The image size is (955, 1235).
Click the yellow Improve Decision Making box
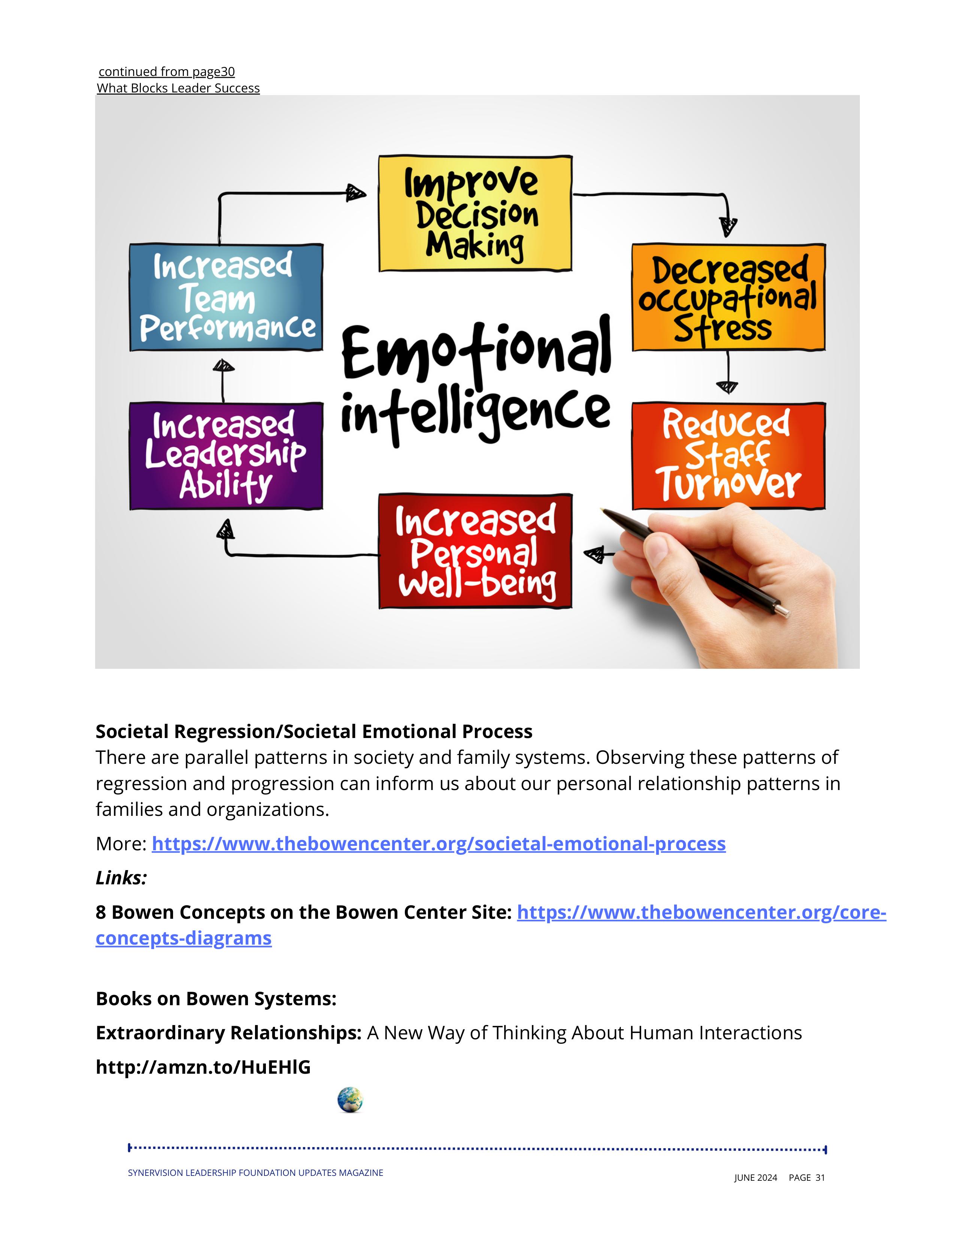pos(475,214)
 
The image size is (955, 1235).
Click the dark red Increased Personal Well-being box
pos(475,551)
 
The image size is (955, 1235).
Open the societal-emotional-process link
pos(439,844)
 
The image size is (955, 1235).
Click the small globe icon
pos(350,1100)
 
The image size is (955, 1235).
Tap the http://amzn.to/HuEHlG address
pos(203,1067)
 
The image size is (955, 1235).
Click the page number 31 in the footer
pos(820,1177)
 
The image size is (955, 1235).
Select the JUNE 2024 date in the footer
pos(756,1177)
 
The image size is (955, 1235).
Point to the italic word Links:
pos(121,878)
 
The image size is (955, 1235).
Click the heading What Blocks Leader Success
pos(178,88)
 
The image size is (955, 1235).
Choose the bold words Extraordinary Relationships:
pos(228,1033)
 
